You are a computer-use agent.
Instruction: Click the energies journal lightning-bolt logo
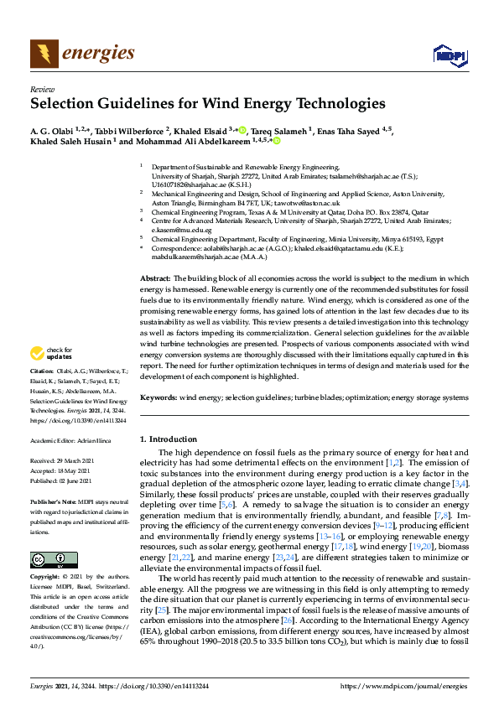[44, 54]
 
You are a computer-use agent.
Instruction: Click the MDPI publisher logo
[449, 55]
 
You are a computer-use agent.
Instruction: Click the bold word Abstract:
[154, 254]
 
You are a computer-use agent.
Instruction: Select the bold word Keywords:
[158, 397]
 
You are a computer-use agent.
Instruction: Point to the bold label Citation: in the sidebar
[42, 393]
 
